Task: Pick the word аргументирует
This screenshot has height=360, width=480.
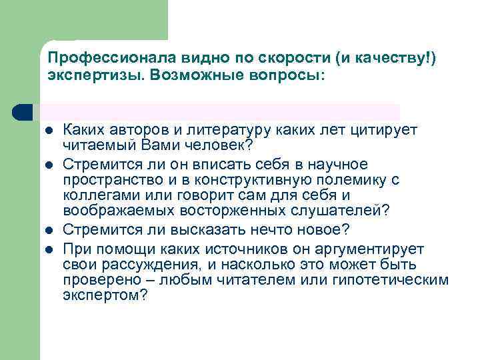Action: [374, 249]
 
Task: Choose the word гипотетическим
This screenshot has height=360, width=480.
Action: [396, 280]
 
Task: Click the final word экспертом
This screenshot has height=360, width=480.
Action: [102, 295]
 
